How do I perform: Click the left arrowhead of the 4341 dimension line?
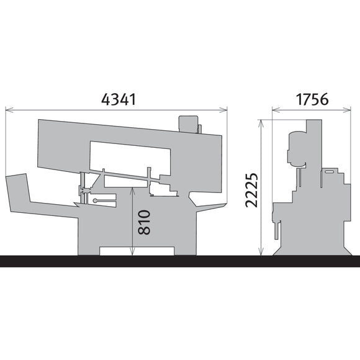click(x=7, y=110)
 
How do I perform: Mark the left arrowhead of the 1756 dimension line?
click(x=274, y=111)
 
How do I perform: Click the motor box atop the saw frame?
click(x=187, y=123)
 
